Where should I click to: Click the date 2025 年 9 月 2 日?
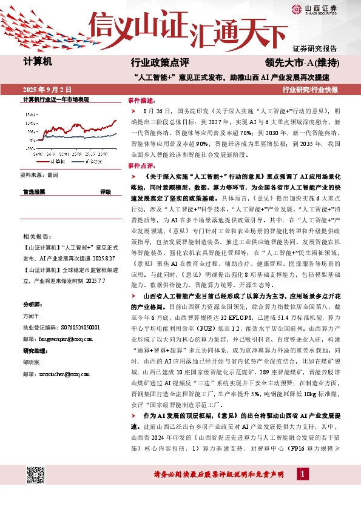[x=47, y=90]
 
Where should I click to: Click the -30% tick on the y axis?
[x=30, y=147]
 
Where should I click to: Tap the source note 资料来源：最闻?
[x=39, y=174]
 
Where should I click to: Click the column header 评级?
[x=105, y=191]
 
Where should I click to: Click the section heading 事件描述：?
[x=141, y=101]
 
